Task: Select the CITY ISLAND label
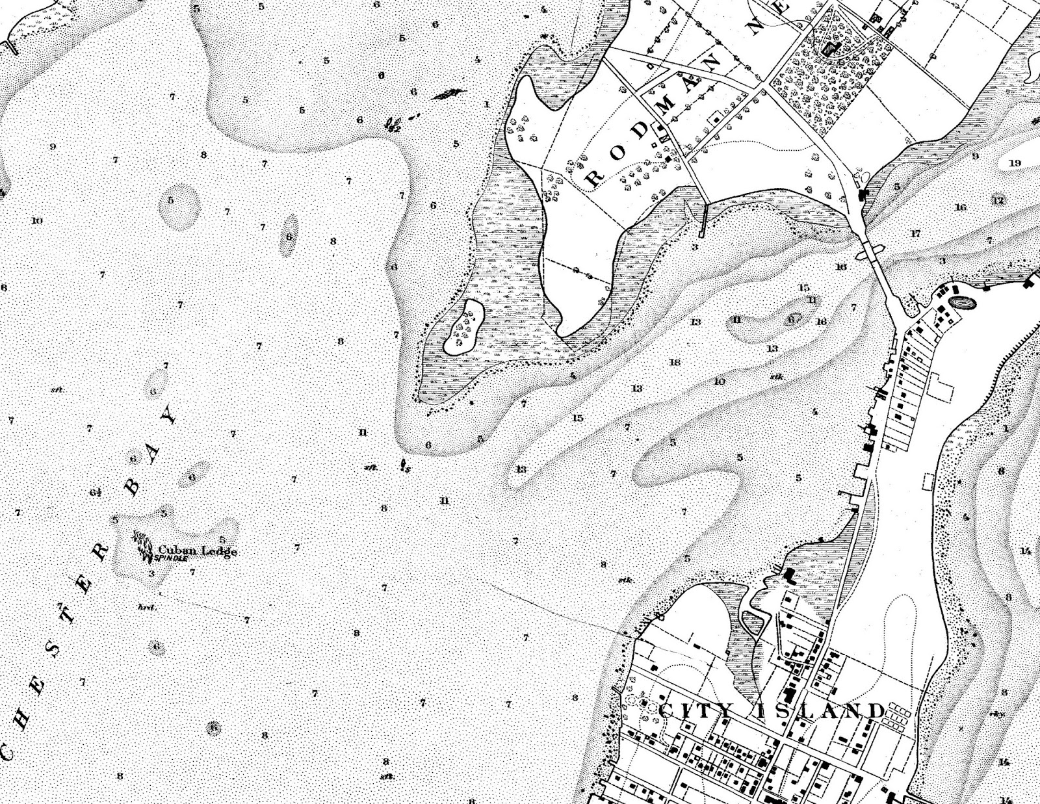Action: coord(772,711)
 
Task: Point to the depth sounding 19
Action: coord(1015,163)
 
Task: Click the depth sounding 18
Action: coord(674,362)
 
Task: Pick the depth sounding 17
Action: coord(916,233)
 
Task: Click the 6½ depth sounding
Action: coord(96,492)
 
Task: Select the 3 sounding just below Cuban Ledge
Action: coord(151,573)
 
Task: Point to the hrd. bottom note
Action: coord(145,607)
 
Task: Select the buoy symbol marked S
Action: coord(404,465)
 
